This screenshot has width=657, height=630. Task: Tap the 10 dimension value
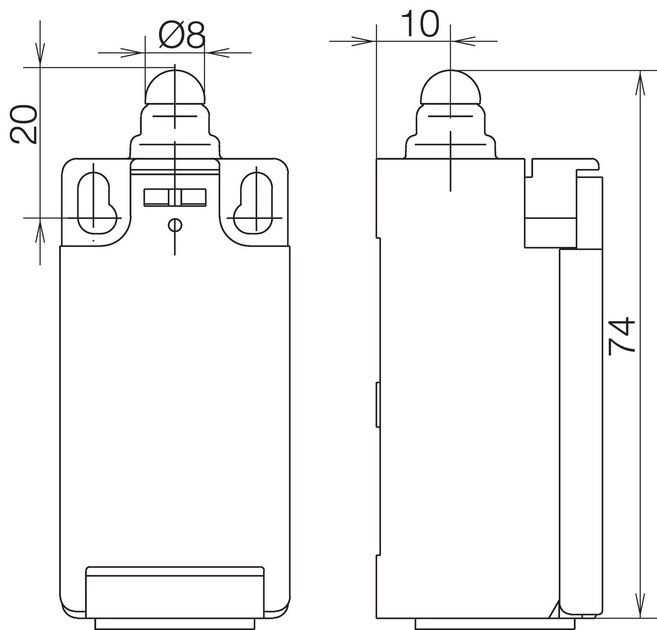click(x=420, y=25)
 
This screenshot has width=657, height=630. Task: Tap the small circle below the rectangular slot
click(x=175, y=225)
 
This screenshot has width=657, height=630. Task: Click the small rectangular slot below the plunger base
click(x=175, y=197)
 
